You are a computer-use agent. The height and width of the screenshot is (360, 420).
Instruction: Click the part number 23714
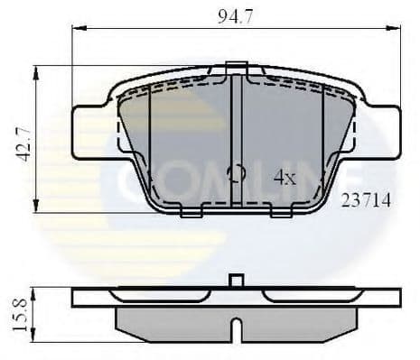click(366, 201)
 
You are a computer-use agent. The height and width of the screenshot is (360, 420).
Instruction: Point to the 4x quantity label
click(285, 179)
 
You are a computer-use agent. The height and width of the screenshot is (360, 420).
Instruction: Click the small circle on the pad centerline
click(236, 174)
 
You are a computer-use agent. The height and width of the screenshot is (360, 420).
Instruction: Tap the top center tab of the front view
click(236, 66)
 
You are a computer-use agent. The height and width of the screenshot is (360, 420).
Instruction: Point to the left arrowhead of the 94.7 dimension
click(77, 28)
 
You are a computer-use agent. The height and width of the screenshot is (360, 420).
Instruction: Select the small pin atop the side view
click(236, 281)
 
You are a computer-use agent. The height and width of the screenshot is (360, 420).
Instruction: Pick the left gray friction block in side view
click(172, 323)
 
